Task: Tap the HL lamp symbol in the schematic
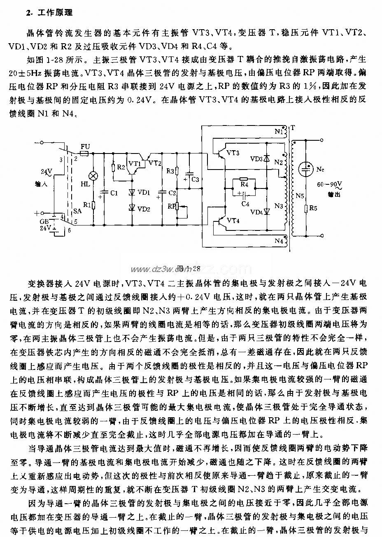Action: click(x=93, y=176)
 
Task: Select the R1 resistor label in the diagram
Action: click(x=86, y=205)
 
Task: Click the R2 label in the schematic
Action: click(x=121, y=167)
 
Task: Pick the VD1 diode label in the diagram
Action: click(x=144, y=193)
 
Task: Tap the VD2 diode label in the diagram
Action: click(x=144, y=209)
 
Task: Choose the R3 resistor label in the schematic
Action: click(x=170, y=170)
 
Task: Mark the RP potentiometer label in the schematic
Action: click(x=171, y=207)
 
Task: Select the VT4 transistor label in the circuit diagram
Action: click(x=233, y=221)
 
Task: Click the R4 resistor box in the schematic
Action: click(x=244, y=184)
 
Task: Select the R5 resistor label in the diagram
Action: click(x=313, y=209)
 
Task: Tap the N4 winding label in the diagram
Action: click(x=279, y=240)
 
